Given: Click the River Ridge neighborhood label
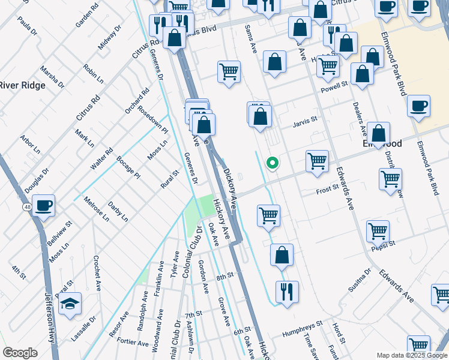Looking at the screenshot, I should [x=23, y=85].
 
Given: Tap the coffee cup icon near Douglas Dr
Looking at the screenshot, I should [x=43, y=206].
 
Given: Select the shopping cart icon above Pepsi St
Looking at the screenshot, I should [x=378, y=230].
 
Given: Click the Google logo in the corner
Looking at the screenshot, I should [x=20, y=353].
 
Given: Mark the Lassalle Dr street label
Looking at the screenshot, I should [x=89, y=329].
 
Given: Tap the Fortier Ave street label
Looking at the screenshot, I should [x=133, y=343].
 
